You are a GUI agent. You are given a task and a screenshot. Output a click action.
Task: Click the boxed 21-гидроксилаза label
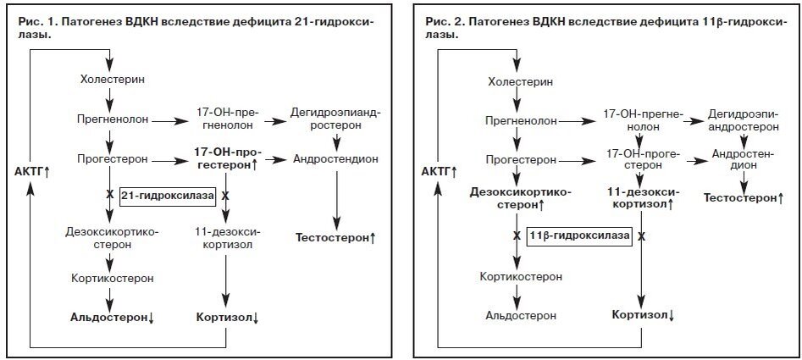pyautogui.click(x=168, y=196)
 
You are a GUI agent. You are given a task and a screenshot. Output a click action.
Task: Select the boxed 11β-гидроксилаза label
pyautogui.click(x=579, y=236)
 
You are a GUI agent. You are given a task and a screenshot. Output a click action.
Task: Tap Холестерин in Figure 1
pyautogui.click(x=110, y=80)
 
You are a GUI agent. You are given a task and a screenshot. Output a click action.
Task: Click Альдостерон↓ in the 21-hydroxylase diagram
pyautogui.click(x=111, y=317)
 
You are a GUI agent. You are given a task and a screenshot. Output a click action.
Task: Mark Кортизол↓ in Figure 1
pyautogui.click(x=227, y=317)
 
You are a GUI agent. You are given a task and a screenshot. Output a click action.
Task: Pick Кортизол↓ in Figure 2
pyautogui.click(x=642, y=316)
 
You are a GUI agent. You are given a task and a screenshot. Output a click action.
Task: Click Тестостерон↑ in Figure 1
pyautogui.click(x=335, y=238)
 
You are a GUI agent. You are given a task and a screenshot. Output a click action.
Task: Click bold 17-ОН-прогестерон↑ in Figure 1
pyautogui.click(x=226, y=158)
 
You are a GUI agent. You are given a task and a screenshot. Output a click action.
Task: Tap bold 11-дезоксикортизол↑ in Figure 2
pyautogui.click(x=641, y=198)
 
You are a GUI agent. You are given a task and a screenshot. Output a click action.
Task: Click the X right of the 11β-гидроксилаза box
pyautogui.click(x=641, y=236)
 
